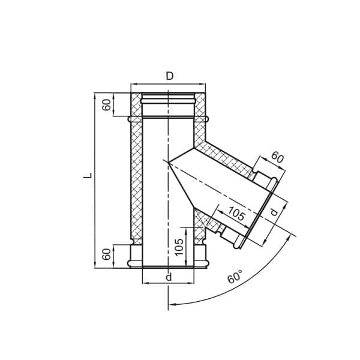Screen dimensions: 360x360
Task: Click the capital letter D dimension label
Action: (170, 76)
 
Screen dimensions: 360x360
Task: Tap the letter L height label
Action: (88, 176)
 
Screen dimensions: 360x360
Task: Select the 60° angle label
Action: (235, 277)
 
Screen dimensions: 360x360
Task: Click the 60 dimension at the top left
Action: (107, 105)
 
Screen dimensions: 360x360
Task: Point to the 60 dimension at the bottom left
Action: (107, 254)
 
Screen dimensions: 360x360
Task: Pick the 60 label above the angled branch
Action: (277, 157)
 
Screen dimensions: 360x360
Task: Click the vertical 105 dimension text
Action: (179, 247)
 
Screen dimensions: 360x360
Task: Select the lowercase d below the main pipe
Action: (169, 277)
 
